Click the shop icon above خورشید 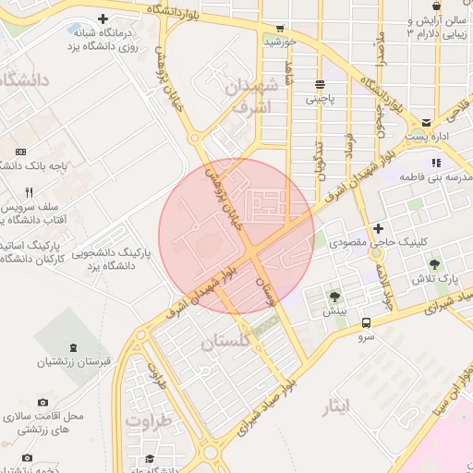coord(280,28)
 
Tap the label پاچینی coord(322,94)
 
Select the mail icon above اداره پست coord(427,122)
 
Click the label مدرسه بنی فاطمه coord(435,176)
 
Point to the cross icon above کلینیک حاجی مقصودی coord(377,228)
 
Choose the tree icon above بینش coord(334,297)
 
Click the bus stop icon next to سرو coord(367,322)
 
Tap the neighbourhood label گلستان coord(224,342)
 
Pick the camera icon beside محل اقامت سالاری coord(42,403)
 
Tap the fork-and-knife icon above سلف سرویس coord(29,192)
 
